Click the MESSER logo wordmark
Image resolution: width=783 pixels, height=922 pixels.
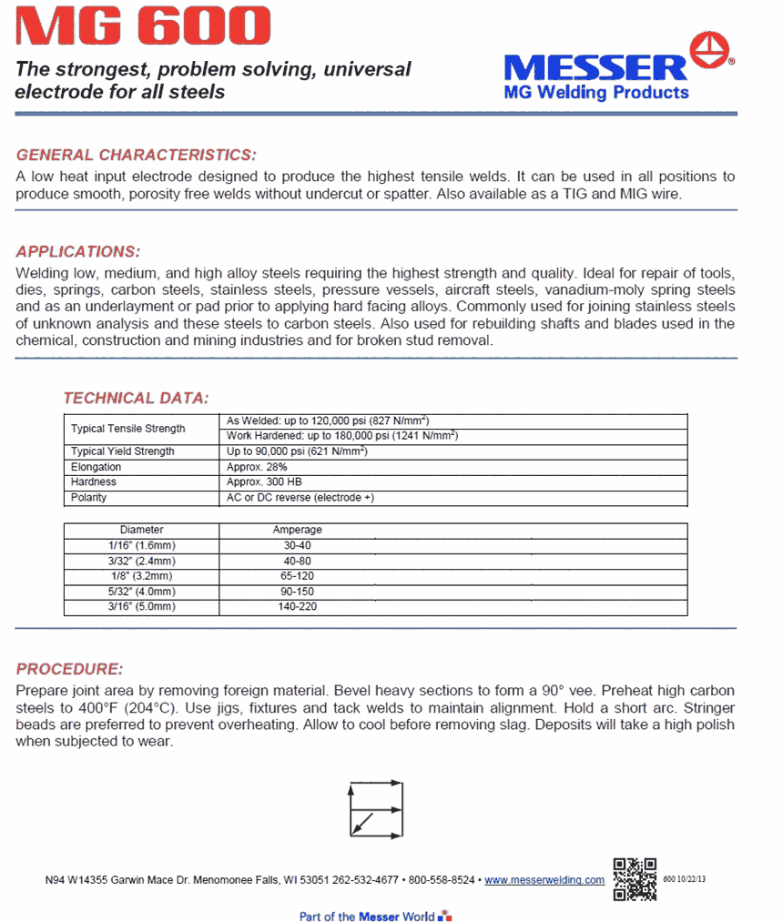tap(595, 67)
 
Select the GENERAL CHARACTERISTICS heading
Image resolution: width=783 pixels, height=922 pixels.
tap(137, 155)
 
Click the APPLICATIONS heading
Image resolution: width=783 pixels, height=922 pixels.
tap(78, 252)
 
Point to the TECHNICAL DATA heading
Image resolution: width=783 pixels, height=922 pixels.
tap(136, 398)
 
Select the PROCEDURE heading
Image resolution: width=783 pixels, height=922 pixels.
tap(69, 669)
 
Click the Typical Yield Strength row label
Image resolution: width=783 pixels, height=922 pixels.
tap(123, 451)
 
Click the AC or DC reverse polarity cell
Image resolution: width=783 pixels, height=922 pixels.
tap(300, 498)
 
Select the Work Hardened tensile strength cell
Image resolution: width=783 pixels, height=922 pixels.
tap(341, 436)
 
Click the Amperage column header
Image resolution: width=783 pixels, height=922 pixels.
tap(297, 530)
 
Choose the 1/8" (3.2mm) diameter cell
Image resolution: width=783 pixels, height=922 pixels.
tap(141, 576)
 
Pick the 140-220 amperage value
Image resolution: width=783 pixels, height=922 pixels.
tap(297, 606)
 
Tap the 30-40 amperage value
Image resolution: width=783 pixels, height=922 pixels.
tap(297, 545)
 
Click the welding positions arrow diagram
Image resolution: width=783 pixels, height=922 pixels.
tap(375, 809)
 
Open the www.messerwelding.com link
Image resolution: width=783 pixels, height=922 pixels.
tap(544, 880)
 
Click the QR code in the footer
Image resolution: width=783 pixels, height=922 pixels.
tap(635, 878)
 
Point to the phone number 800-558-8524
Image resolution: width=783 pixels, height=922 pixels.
tap(442, 880)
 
